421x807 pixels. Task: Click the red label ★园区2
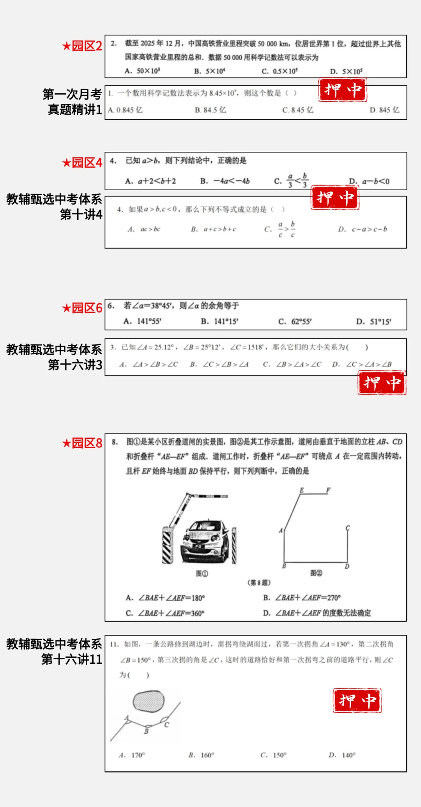click(x=82, y=46)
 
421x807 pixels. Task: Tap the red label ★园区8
click(x=82, y=443)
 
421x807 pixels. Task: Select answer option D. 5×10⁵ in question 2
click(x=346, y=71)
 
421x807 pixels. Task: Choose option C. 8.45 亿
click(x=298, y=110)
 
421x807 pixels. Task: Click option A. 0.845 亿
click(x=125, y=110)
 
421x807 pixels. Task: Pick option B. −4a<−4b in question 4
click(x=225, y=181)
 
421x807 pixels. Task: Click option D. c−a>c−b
click(x=363, y=229)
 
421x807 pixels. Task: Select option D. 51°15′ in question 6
click(x=373, y=322)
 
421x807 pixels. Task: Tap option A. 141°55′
click(x=142, y=321)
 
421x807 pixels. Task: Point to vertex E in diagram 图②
click(x=301, y=491)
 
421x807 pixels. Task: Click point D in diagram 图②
click(x=347, y=566)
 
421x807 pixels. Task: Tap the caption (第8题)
click(x=259, y=583)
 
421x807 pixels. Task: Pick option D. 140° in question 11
click(x=342, y=755)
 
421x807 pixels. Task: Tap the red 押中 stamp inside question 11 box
click(x=357, y=701)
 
